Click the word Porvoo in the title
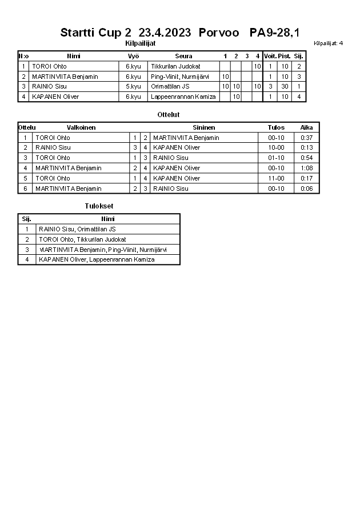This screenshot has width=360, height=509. click(x=219, y=33)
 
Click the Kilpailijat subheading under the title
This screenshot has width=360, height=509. click(x=140, y=43)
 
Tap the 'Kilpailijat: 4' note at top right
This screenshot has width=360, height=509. click(x=329, y=43)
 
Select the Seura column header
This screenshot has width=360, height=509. click(x=183, y=56)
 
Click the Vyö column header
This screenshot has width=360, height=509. click(x=133, y=56)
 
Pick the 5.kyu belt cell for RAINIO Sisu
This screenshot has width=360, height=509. click(x=133, y=87)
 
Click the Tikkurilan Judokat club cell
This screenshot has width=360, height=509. click(x=175, y=66)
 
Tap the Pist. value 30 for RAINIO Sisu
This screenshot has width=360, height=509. click(x=285, y=87)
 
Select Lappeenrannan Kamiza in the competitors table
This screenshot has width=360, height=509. click(x=183, y=97)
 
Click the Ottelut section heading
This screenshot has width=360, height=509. click(x=169, y=115)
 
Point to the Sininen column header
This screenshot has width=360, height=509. click(x=203, y=127)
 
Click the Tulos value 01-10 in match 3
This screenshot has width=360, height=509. click(x=276, y=158)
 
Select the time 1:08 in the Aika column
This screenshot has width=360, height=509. click(x=307, y=168)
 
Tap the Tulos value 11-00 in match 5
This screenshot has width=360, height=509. click(x=276, y=178)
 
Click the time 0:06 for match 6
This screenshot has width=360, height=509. click(x=307, y=189)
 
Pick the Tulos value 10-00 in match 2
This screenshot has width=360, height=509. click(x=276, y=147)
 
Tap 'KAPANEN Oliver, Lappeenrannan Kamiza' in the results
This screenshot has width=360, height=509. click(x=97, y=260)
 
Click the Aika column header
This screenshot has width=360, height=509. click(x=307, y=127)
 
